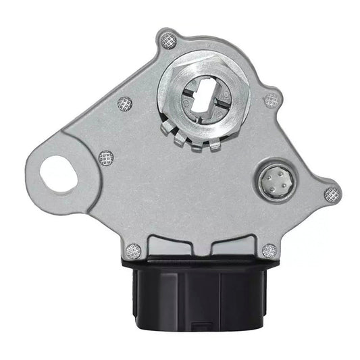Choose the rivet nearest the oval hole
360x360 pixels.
click(105, 159)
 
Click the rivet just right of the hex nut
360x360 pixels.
click(271, 100)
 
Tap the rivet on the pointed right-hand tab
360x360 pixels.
click(332, 195)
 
